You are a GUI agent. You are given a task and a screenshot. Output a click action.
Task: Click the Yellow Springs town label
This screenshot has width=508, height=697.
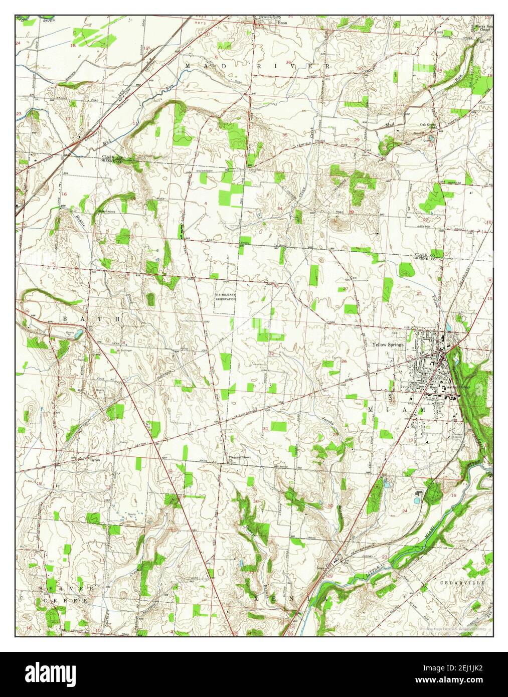tap(387, 344)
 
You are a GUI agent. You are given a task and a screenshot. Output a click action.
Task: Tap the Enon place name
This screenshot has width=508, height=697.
tap(283, 23)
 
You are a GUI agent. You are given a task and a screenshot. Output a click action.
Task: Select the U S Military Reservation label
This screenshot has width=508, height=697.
tap(225, 296)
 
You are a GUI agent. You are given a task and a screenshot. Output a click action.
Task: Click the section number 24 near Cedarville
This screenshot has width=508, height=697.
tap(405, 510)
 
